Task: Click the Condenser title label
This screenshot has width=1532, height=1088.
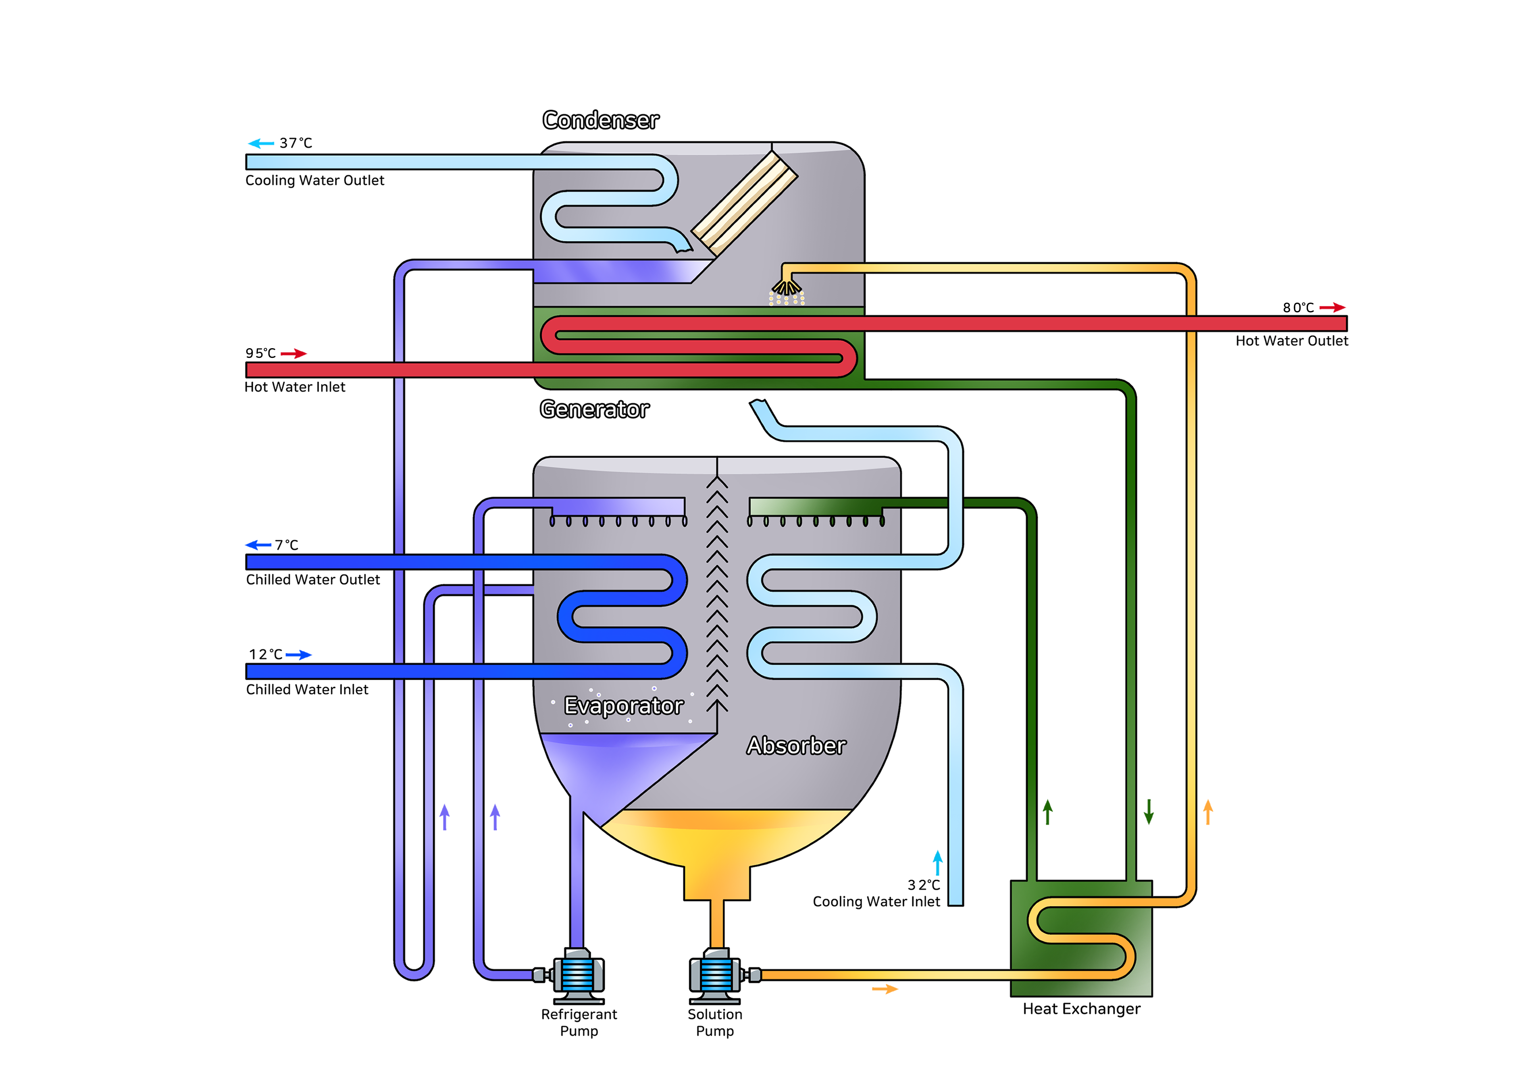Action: coord(600,120)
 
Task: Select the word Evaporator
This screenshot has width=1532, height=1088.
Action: coord(623,706)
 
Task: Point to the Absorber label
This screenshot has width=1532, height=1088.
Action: coord(796,745)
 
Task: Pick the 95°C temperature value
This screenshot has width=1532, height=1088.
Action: coord(260,353)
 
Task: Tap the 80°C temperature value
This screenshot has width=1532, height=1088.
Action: coord(1298,307)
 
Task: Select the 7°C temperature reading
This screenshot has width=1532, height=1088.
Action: coord(286,545)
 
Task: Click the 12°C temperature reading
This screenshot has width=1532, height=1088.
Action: coord(265,654)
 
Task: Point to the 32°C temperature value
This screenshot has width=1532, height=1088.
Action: coord(924,885)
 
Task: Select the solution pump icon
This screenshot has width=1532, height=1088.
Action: coord(716,975)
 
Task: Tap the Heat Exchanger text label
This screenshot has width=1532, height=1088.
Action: coord(1081,1009)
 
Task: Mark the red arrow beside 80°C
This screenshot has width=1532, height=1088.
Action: coord(1332,307)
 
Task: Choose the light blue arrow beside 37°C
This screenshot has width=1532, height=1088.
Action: coord(261,143)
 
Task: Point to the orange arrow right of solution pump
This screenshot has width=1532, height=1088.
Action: coord(885,989)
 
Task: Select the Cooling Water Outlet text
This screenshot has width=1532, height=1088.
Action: coord(314,180)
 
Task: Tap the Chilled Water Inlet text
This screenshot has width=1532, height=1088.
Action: coord(307,689)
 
